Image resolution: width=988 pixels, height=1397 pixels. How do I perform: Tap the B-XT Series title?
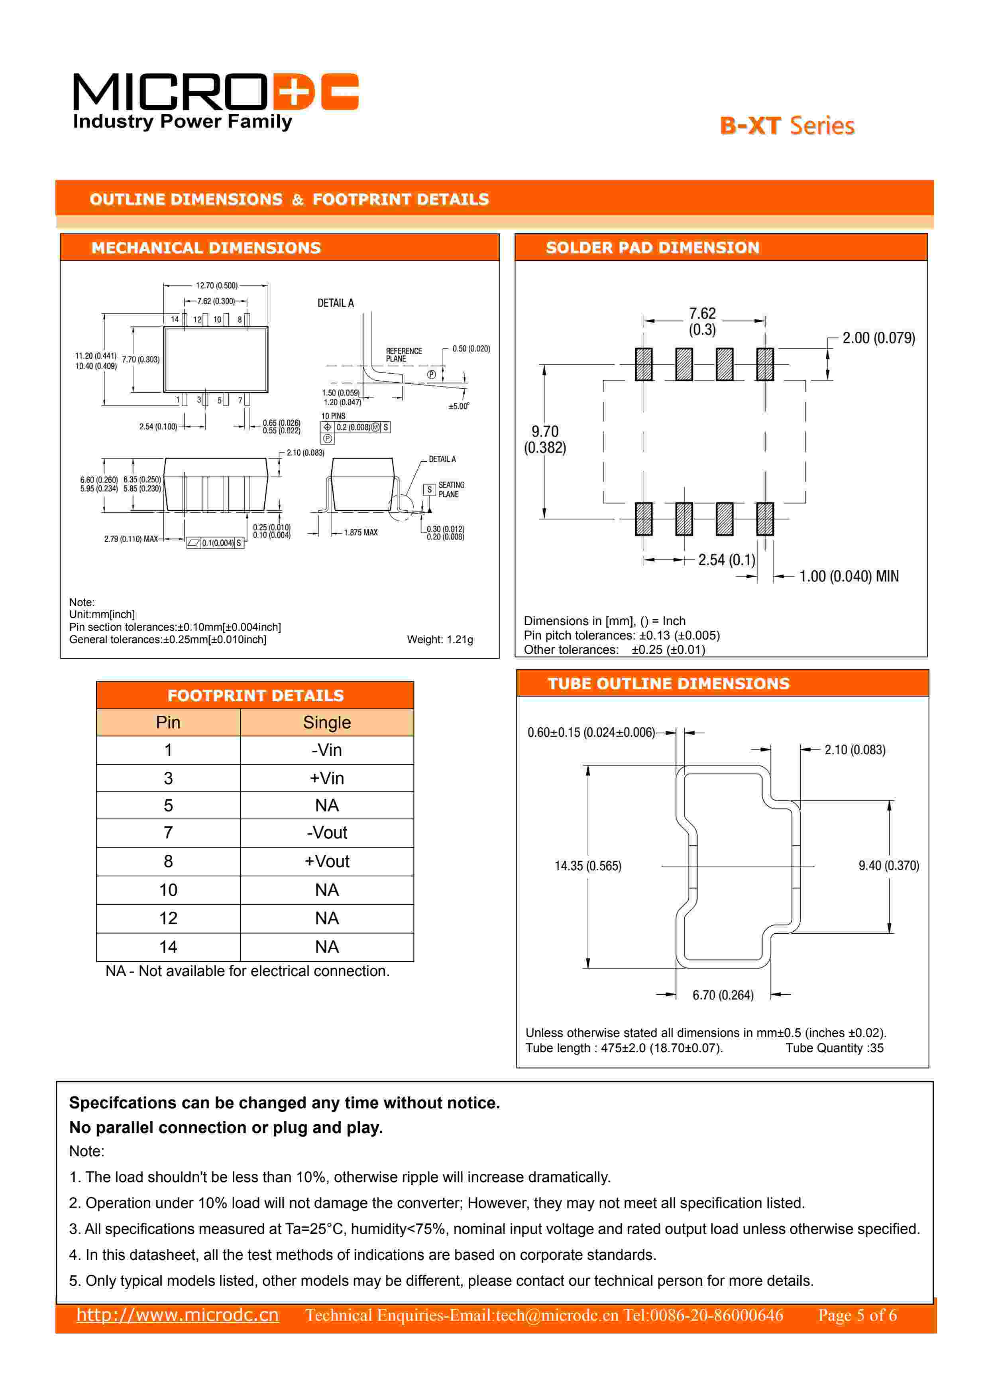[x=787, y=126]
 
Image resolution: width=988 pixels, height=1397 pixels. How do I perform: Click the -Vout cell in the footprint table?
[x=327, y=832]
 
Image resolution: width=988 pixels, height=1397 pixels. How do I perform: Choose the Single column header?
[x=327, y=722]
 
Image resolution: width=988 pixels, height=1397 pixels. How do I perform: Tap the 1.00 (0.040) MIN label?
[x=848, y=576]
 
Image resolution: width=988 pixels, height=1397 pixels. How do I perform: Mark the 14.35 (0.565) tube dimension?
[x=588, y=866]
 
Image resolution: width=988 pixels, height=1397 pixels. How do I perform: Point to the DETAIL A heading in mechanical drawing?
[x=335, y=303]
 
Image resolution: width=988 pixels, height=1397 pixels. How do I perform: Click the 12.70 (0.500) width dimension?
[x=216, y=285]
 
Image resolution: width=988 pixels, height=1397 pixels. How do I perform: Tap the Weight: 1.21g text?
[x=440, y=639]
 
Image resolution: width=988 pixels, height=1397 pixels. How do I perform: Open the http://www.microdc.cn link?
[x=178, y=1315]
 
